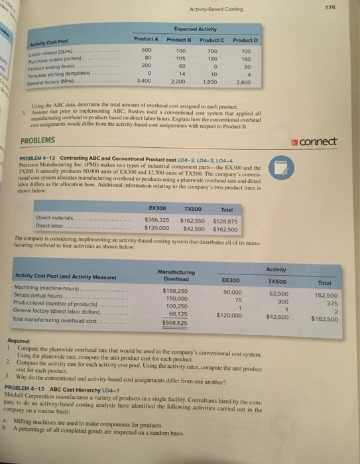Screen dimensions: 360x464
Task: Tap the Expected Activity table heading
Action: (196, 30)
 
